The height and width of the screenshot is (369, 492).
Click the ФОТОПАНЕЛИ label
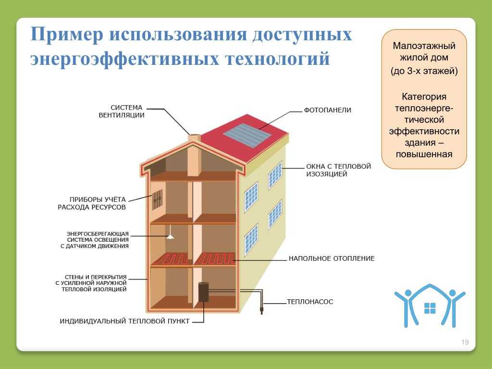pyautogui.click(x=327, y=110)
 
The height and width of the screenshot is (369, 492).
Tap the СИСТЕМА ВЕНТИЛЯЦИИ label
pyautogui.click(x=122, y=111)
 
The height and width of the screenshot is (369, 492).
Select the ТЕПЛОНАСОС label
pyautogui.click(x=310, y=302)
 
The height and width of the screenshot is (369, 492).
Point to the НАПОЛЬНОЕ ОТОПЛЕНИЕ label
pyautogui.click(x=332, y=258)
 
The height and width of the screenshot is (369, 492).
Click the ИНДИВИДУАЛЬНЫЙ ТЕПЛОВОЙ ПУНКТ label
pyautogui.click(x=124, y=321)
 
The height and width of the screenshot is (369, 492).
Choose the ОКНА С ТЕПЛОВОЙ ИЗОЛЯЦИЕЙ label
pyautogui.click(x=339, y=170)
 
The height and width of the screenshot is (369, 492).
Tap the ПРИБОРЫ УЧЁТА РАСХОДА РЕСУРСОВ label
pyautogui.click(x=92, y=203)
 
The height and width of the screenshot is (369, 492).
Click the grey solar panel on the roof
pyautogui.click(x=247, y=135)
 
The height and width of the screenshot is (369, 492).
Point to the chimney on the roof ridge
pyautogui.click(x=194, y=155)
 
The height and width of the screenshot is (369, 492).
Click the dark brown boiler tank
pyautogui.click(x=203, y=292)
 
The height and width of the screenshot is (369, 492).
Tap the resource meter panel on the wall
pyautogui.click(x=158, y=200)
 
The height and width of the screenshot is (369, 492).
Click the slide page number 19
pyautogui.click(x=465, y=342)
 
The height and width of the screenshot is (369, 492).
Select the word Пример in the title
pyautogui.click(x=66, y=34)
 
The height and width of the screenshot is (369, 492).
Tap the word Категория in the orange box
pyautogui.click(x=424, y=97)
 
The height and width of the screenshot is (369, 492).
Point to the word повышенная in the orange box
pyautogui.click(x=424, y=154)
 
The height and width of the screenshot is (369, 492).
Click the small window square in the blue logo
pyautogui.click(x=430, y=308)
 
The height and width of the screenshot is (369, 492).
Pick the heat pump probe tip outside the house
pyautogui.click(x=261, y=311)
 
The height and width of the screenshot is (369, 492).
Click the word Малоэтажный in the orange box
pyautogui.click(x=424, y=46)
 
